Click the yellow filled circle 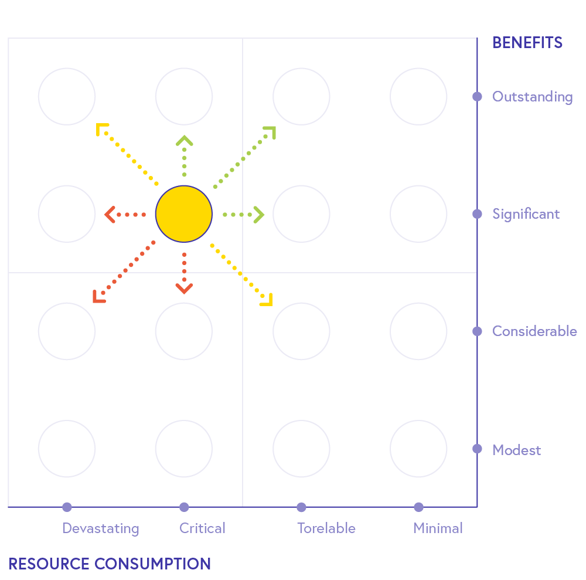[x=184, y=214]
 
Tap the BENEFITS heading [x=527, y=43]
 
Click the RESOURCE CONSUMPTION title [x=110, y=564]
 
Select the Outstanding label [x=532, y=97]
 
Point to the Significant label [x=526, y=214]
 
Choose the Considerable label [x=534, y=331]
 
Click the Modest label [x=516, y=450]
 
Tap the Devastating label [x=101, y=528]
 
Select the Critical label [x=202, y=528]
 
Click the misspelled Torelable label [x=326, y=528]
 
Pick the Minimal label [x=438, y=528]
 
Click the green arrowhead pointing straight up [x=184, y=140]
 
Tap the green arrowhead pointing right [x=260, y=215]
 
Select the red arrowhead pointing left [x=109, y=215]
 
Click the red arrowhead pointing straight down [x=184, y=289]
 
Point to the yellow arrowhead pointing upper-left [x=102, y=129]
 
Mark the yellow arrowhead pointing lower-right [x=267, y=300]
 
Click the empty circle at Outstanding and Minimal [x=418, y=97]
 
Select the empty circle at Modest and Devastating [x=67, y=449]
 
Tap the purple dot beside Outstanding [x=477, y=97]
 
